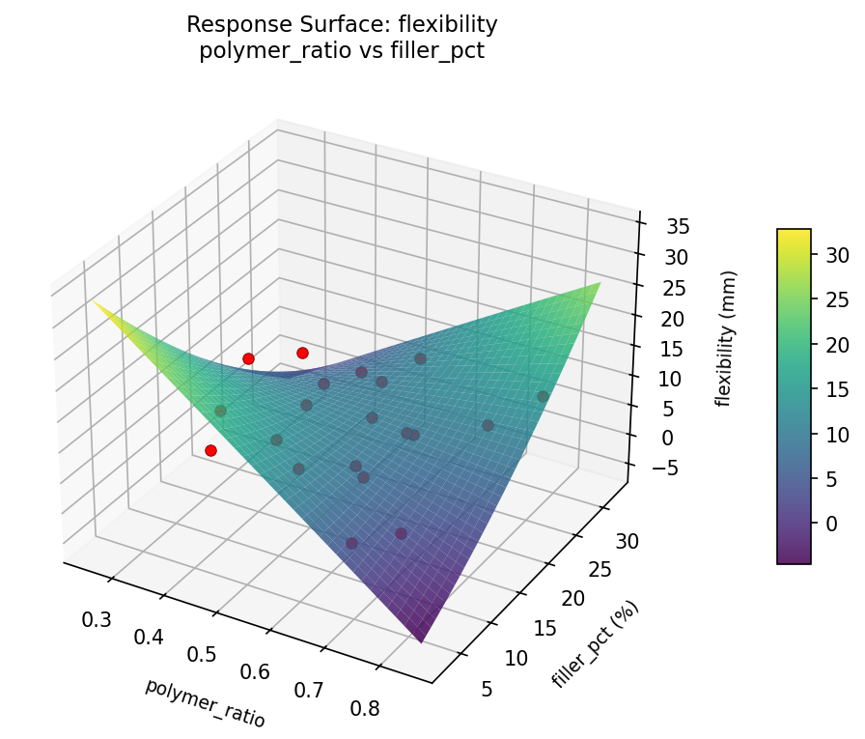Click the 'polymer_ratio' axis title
(205, 702)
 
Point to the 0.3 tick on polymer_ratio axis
(97, 619)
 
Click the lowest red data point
(210, 450)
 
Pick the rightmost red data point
(302, 353)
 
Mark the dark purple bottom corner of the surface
(421, 640)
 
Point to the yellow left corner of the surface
(95, 301)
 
